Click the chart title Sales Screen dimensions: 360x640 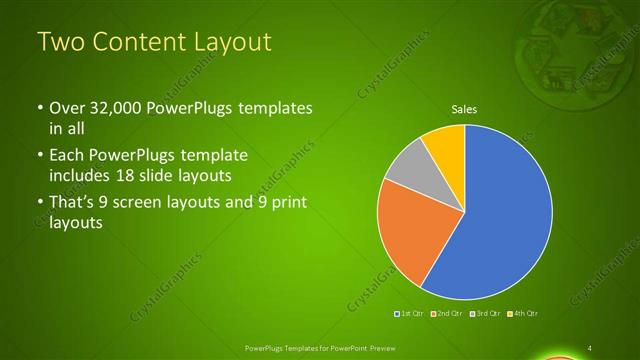(x=464, y=108)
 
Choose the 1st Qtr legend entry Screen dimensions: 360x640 (x=410, y=314)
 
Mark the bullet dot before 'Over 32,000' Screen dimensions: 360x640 (x=39, y=107)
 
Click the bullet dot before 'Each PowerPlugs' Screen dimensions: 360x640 (x=39, y=157)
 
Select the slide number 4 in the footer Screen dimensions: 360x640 (x=591, y=347)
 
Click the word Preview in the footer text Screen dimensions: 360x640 (x=397, y=347)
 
